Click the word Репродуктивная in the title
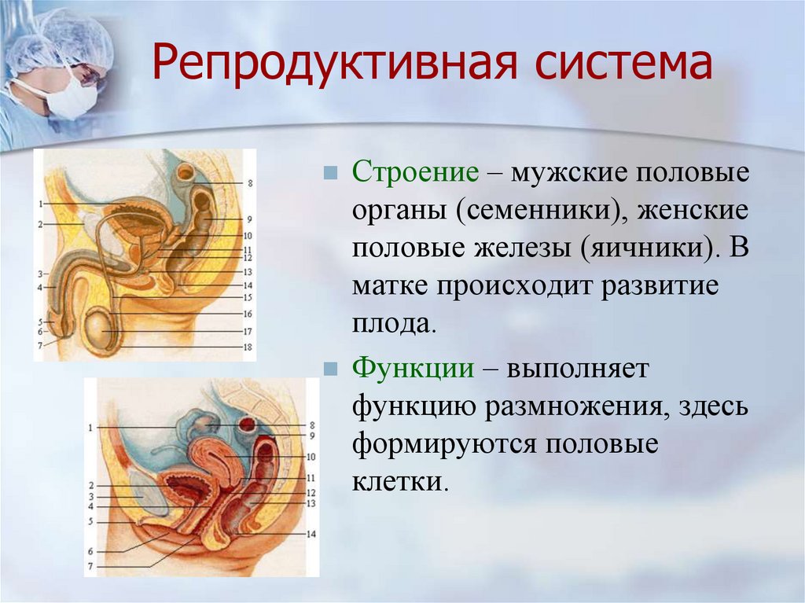[x=333, y=64]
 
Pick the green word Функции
[x=414, y=370]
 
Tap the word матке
[x=390, y=286]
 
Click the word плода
[x=395, y=324]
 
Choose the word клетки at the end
[x=397, y=482]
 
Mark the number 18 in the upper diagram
[x=248, y=347]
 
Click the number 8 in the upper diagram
[x=250, y=183]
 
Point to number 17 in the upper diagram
[x=248, y=332]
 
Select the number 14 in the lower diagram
[x=311, y=534]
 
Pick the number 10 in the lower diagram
[x=311, y=457]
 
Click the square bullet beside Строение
[x=331, y=173]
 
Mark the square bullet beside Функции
[x=331, y=369]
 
